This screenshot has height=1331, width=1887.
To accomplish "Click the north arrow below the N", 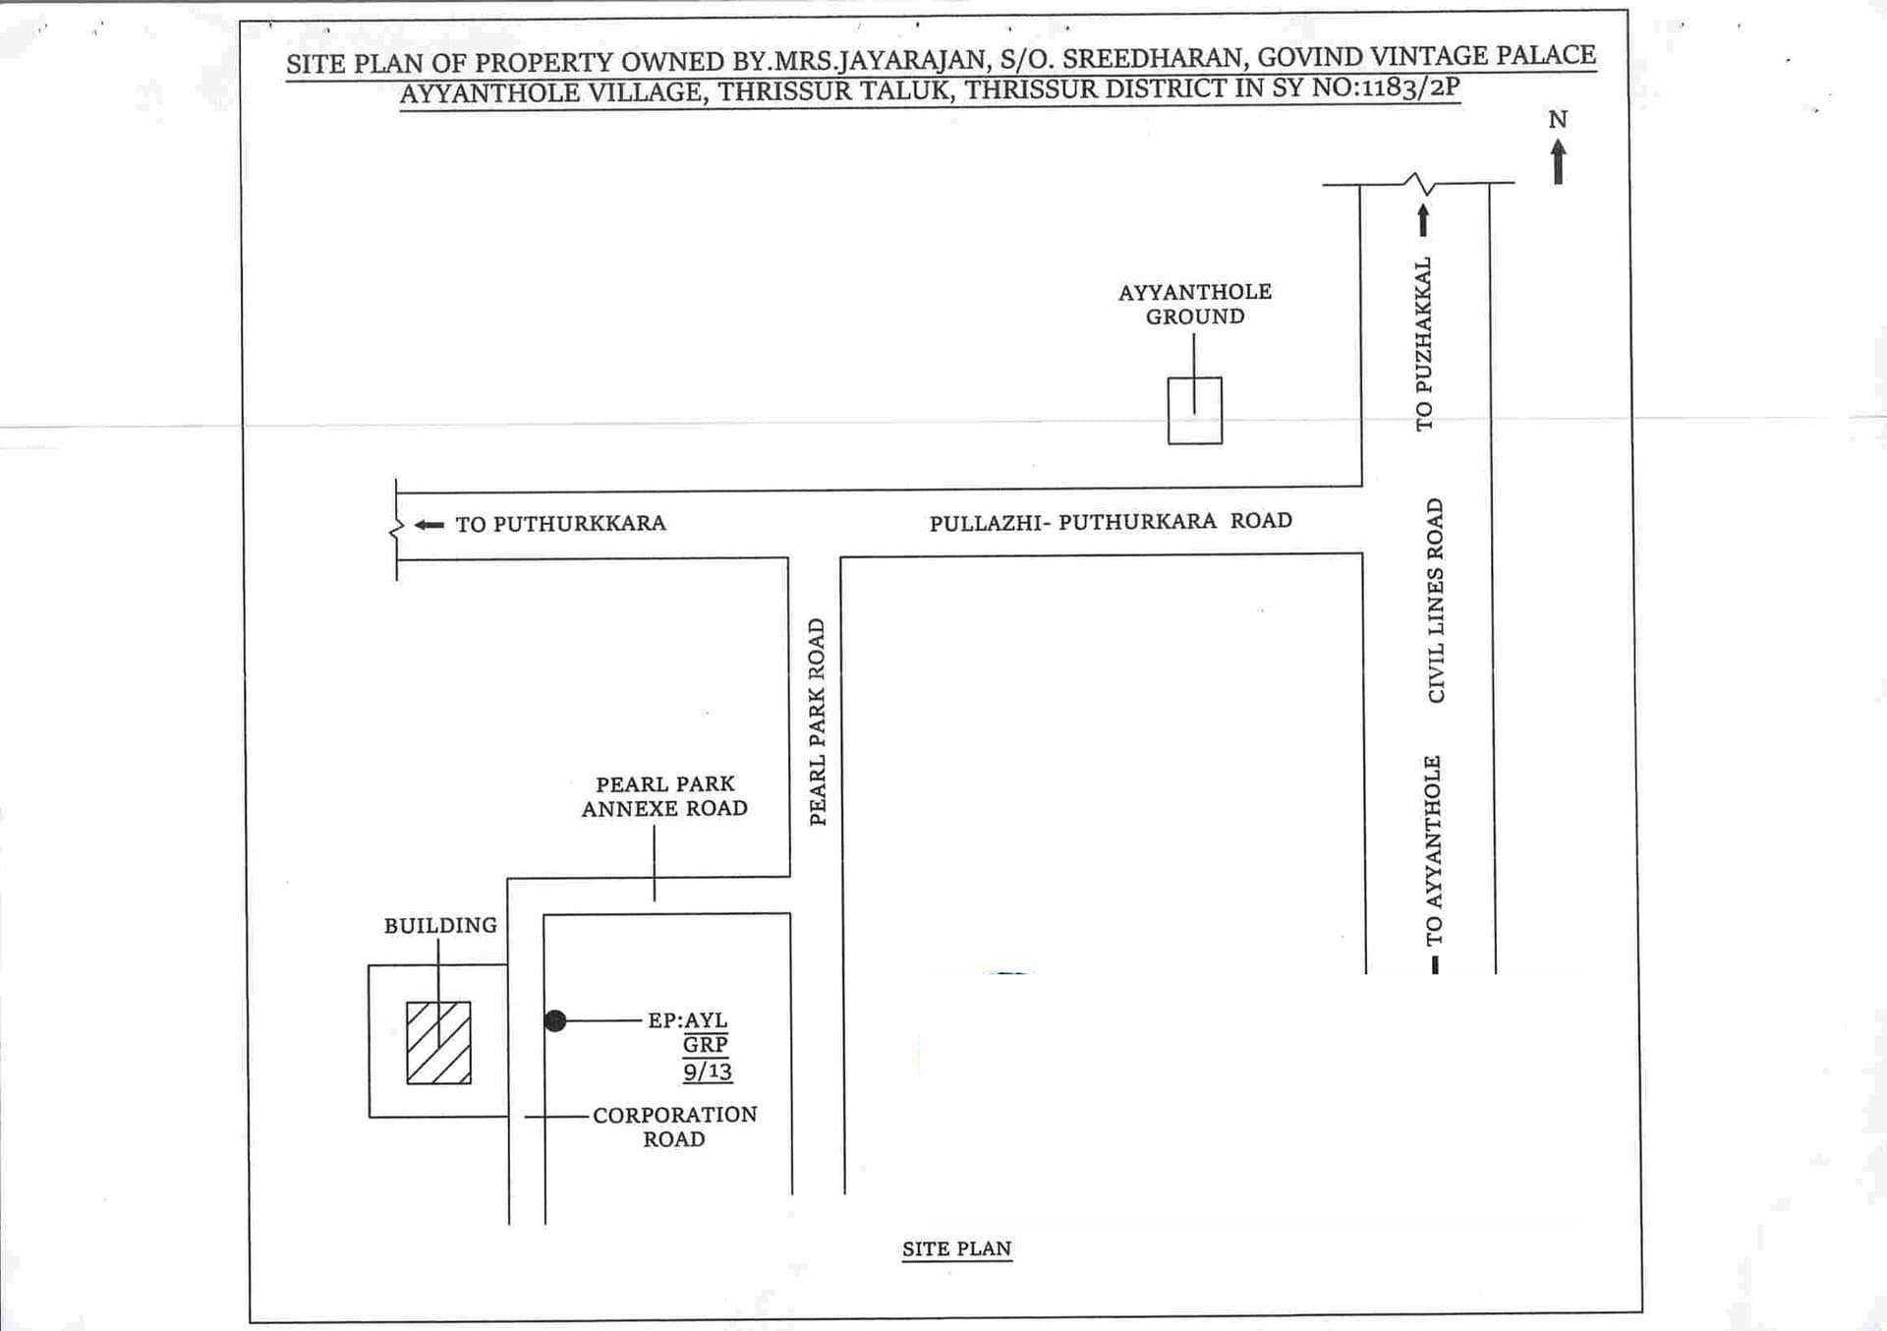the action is [1558, 162].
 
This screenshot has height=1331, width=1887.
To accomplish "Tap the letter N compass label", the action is [1558, 120].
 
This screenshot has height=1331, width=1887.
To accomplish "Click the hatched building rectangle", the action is [438, 1043].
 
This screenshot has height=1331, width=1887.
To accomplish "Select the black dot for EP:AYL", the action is [555, 1021].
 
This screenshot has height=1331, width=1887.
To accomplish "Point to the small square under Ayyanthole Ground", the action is [1195, 411].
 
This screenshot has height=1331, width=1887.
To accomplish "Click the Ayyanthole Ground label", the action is [1195, 304].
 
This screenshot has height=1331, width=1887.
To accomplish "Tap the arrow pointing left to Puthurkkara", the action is [429, 525].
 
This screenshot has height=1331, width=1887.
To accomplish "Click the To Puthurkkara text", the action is [560, 524].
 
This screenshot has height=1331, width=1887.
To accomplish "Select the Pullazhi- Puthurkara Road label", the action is [1111, 521].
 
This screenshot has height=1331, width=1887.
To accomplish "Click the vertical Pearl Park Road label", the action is [818, 722].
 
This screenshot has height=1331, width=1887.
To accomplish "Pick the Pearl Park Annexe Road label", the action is [664, 796].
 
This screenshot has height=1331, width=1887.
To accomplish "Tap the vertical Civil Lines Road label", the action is [1436, 600].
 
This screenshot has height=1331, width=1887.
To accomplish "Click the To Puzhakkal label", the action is [1424, 344].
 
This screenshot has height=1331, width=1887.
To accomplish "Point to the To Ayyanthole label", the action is [1434, 850].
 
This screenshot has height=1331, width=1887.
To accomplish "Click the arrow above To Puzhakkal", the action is [1423, 220].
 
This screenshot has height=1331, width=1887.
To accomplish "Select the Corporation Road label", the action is [675, 1127].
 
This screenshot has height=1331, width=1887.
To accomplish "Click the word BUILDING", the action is [440, 925].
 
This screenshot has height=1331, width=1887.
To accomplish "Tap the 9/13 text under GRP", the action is [708, 1071].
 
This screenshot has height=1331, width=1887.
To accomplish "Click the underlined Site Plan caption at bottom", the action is [957, 1248].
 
